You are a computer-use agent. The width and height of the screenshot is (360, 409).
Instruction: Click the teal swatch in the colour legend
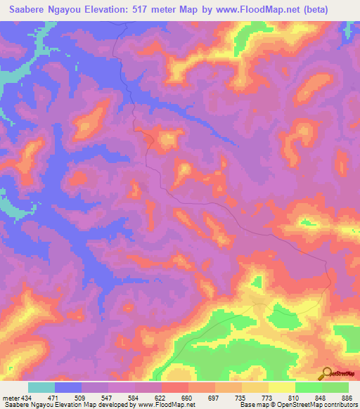[x=41, y=387]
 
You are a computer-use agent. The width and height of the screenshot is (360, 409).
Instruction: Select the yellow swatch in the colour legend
[x=282, y=387]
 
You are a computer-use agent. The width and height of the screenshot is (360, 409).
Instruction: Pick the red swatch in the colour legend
[x=175, y=387]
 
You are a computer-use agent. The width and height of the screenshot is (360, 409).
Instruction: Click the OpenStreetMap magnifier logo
[x=327, y=372]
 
